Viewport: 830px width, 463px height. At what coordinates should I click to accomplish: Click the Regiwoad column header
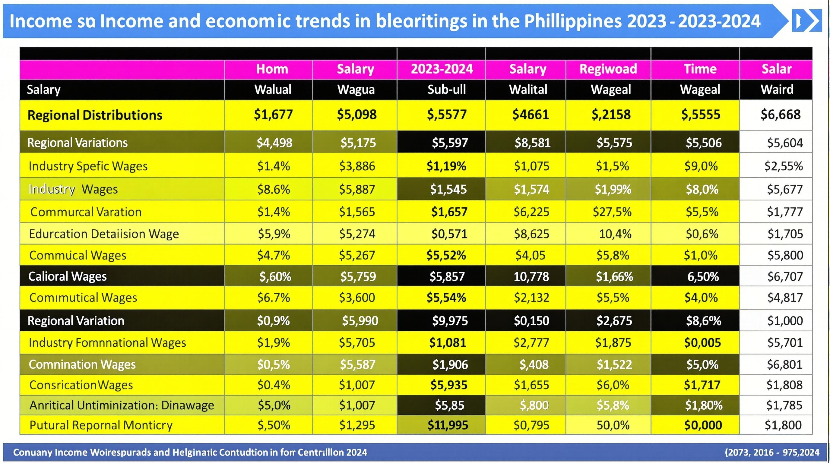tap(608, 69)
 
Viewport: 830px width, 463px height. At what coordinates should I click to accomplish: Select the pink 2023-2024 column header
tap(442, 69)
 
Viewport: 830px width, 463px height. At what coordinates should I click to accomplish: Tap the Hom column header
tap(272, 69)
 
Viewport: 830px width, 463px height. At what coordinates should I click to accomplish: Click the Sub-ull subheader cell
tap(446, 90)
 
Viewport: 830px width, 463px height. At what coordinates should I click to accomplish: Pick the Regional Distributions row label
tap(95, 115)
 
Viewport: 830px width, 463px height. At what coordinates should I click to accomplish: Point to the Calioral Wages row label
tap(67, 276)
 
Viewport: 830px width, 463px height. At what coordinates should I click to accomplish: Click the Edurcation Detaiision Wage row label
tap(104, 234)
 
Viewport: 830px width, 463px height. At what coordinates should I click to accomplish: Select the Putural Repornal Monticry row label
tap(101, 425)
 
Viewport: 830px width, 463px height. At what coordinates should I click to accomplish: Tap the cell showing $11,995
tap(448, 425)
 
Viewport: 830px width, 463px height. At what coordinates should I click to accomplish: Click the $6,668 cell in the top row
tap(780, 115)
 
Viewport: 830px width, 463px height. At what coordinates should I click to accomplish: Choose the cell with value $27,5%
tap(612, 212)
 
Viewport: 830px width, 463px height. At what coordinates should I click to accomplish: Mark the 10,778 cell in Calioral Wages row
tap(531, 276)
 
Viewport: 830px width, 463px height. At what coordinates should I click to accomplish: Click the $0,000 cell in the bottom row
tap(703, 425)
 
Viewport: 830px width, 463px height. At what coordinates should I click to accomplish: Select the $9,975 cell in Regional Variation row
tap(449, 321)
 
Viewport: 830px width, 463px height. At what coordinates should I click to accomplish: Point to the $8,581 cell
tap(532, 143)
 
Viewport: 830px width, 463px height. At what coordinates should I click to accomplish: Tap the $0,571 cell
tap(449, 234)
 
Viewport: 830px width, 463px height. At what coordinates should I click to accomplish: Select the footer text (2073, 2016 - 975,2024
tap(772, 452)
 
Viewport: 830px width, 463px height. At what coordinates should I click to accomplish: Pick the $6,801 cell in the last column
tap(784, 364)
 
